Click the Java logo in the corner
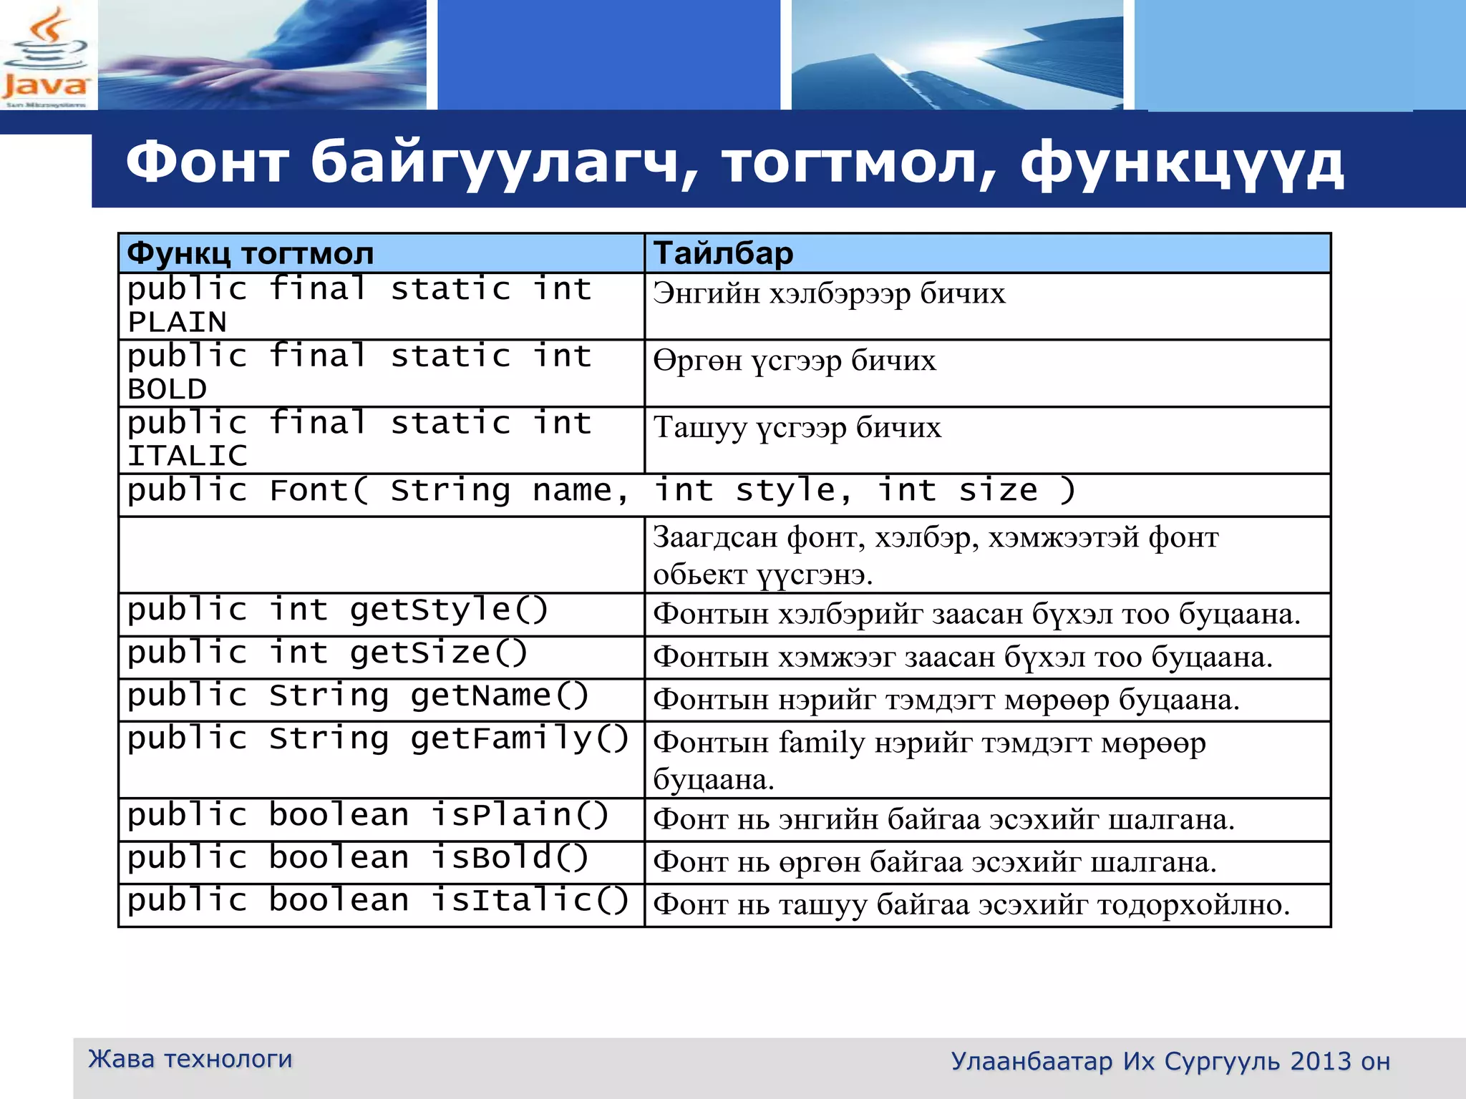pos(46,57)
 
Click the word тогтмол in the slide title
pos(859,163)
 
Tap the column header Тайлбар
pos(723,253)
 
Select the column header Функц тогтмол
pos(251,253)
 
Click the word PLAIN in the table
pos(177,322)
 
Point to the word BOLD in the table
pos(168,389)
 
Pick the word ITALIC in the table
pos(188,456)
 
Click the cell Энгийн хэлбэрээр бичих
pos(829,293)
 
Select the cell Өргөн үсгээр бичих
pos(795,361)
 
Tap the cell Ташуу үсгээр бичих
pos(797,428)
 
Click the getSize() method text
pos(438,653)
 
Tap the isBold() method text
pos(510,858)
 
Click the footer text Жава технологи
pos(190,1059)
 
